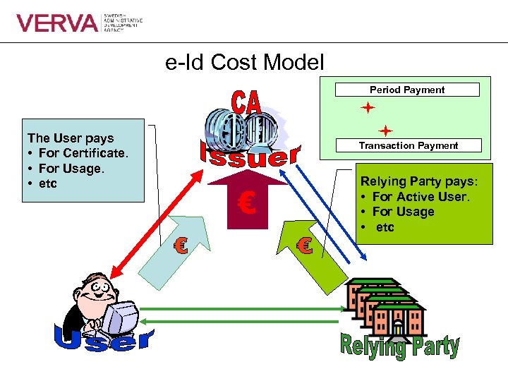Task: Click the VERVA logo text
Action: pyautogui.click(x=58, y=23)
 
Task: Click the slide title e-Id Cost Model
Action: pyautogui.click(x=245, y=63)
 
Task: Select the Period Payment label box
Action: pyautogui.click(x=407, y=90)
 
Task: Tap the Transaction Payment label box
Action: pyautogui.click(x=408, y=145)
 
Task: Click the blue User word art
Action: pyautogui.click(x=104, y=340)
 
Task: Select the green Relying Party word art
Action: pyautogui.click(x=399, y=346)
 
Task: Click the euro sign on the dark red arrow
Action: pyautogui.click(x=246, y=204)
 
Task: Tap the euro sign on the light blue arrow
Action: pyautogui.click(x=181, y=246)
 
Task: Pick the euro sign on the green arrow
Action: pyautogui.click(x=304, y=246)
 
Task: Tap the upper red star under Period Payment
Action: pyautogui.click(x=367, y=109)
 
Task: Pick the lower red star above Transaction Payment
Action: pyautogui.click(x=385, y=131)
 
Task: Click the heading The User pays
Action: pyautogui.click(x=71, y=138)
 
